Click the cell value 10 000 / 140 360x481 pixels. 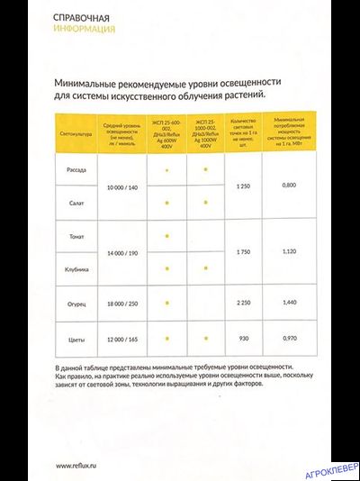click(119, 186)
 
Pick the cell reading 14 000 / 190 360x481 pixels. click(119, 251)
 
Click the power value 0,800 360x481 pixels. click(288, 186)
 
